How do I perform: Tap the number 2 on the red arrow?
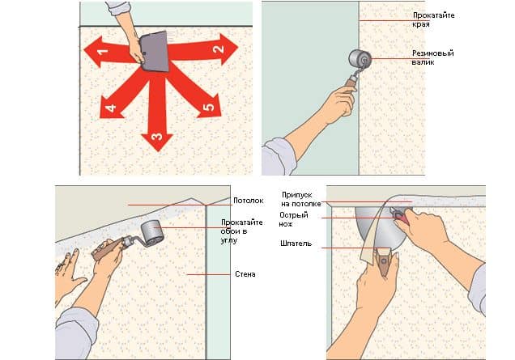point(219,49)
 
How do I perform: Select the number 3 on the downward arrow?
point(157,136)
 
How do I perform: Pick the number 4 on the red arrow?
point(111,108)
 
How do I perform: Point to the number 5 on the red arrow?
point(209,107)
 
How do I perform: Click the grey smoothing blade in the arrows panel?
point(155,52)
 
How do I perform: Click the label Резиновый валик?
point(432,57)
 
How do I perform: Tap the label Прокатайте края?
point(433,19)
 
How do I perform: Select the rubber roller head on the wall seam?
point(360,59)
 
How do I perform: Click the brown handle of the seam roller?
point(350,83)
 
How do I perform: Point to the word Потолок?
point(249,201)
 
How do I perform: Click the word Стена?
point(245,274)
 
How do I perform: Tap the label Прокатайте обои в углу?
point(241,231)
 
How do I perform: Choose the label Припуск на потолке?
point(301,200)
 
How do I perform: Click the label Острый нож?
point(294,219)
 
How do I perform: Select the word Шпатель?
point(296,244)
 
